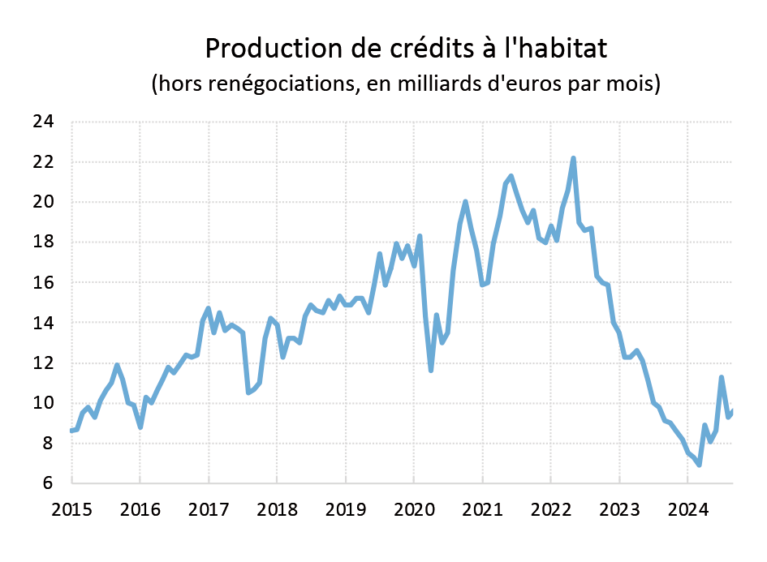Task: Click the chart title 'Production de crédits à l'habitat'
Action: (406, 49)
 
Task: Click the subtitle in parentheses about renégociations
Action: (406, 84)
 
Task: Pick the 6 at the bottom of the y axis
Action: (48, 484)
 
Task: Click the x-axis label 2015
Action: (71, 509)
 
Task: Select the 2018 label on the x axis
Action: (276, 509)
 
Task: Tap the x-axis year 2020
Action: (413, 509)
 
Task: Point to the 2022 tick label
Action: (549, 509)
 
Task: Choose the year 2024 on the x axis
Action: (687, 509)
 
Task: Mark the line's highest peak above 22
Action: (573, 158)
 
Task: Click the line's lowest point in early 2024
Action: (699, 465)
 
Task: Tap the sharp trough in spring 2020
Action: (431, 371)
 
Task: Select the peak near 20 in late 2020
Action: (465, 202)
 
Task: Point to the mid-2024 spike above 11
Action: (722, 377)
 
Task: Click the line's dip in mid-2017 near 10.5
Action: (248, 393)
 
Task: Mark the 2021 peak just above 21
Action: (511, 176)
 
